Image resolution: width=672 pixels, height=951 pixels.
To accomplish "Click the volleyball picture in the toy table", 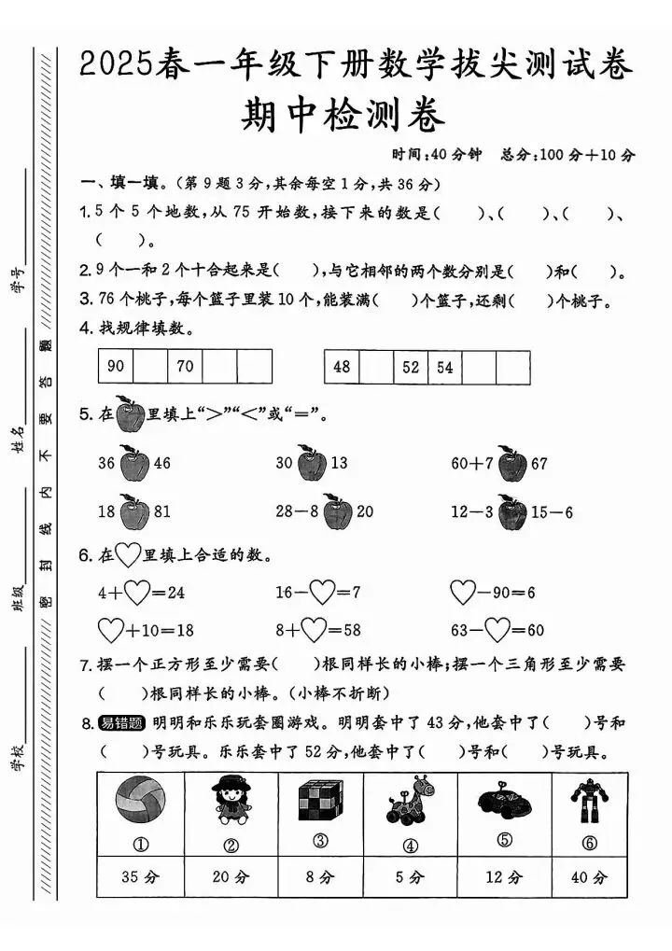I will click(x=139, y=803).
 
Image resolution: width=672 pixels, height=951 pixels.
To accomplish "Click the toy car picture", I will click(x=504, y=802).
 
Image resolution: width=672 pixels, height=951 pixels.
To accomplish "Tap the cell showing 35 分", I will click(x=139, y=877).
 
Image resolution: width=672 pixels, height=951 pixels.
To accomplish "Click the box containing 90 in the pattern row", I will click(x=116, y=367).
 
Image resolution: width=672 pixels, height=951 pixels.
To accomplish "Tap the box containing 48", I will click(x=342, y=368).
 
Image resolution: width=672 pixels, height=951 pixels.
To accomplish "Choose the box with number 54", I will click(x=444, y=368).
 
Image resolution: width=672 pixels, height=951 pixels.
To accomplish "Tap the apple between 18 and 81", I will click(x=134, y=511).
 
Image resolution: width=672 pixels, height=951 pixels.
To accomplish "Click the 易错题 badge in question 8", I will click(x=120, y=723).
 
